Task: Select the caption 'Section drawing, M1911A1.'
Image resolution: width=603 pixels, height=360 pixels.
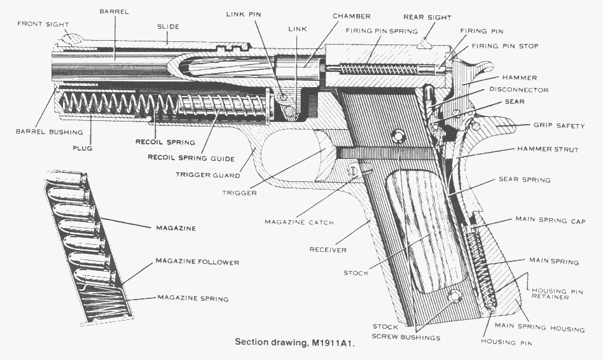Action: click(294, 342)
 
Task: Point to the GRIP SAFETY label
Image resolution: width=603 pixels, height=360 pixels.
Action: click(559, 126)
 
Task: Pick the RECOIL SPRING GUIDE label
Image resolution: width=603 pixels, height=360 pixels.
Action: click(191, 158)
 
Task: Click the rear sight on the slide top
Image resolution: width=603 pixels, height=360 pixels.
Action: click(425, 43)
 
